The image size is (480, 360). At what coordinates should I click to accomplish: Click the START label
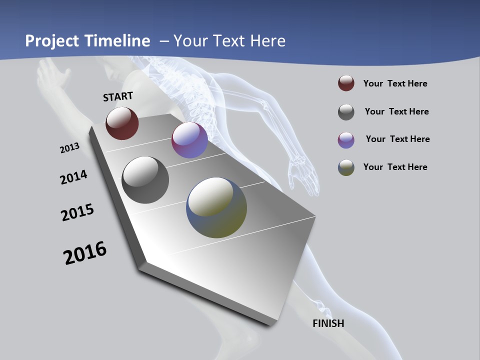pyautogui.click(x=118, y=96)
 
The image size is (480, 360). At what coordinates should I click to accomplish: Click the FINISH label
pyautogui.click(x=328, y=323)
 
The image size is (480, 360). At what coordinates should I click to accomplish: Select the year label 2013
pyautogui.click(x=69, y=148)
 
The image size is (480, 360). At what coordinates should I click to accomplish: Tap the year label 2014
pyautogui.click(x=73, y=177)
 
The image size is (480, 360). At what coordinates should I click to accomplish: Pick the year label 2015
pyautogui.click(x=77, y=212)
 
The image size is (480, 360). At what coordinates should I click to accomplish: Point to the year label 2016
pyautogui.click(x=85, y=252)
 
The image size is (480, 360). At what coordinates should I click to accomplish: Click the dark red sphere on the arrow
pyautogui.click(x=122, y=123)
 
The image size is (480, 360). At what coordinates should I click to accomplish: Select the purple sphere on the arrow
pyautogui.click(x=189, y=140)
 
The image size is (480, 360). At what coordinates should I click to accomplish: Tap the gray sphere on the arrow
pyautogui.click(x=145, y=180)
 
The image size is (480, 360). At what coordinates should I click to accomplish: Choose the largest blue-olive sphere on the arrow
pyautogui.click(x=216, y=207)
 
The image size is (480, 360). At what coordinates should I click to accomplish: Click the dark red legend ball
pyautogui.click(x=346, y=83)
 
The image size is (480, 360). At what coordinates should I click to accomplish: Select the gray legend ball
pyautogui.click(x=346, y=112)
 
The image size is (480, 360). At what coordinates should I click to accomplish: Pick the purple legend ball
pyautogui.click(x=346, y=140)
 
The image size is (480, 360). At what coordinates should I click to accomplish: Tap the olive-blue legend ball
pyautogui.click(x=346, y=167)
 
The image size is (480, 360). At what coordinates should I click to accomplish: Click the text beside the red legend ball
pyautogui.click(x=395, y=83)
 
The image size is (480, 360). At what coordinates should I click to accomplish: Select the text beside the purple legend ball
pyautogui.click(x=397, y=139)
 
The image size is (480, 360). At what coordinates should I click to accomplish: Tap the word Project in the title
pyautogui.click(x=49, y=40)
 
